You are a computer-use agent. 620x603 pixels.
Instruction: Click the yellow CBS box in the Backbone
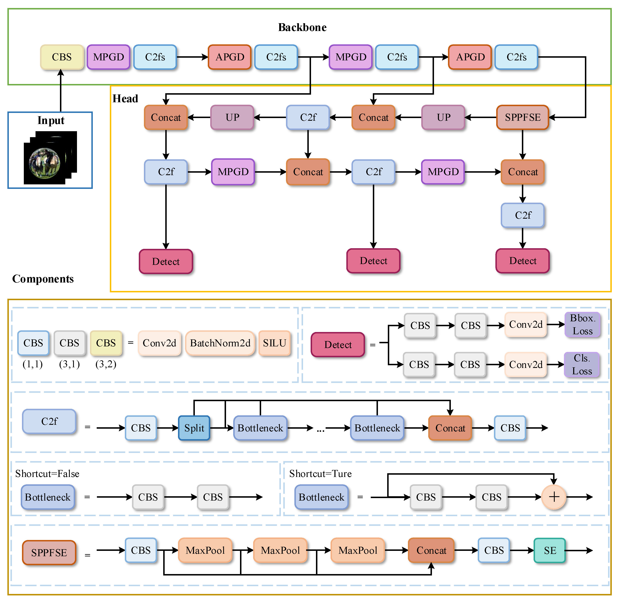point(62,57)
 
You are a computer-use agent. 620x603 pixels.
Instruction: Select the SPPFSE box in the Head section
point(522,117)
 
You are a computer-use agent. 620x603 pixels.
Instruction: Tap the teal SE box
point(550,550)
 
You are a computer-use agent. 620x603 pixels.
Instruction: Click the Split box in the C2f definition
point(194,428)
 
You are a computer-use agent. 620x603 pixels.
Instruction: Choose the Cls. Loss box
point(582,364)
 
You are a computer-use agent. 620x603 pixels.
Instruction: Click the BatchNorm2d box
point(220,343)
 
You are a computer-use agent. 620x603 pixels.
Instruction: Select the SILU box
point(274,343)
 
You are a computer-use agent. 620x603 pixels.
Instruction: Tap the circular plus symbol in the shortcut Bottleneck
point(554,497)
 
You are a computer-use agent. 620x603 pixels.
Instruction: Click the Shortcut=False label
point(47,474)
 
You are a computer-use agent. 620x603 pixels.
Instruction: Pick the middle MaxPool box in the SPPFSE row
point(280,550)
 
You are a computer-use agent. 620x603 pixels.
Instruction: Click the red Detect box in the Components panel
point(338,345)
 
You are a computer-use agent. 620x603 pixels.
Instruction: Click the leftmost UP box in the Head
point(232,117)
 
